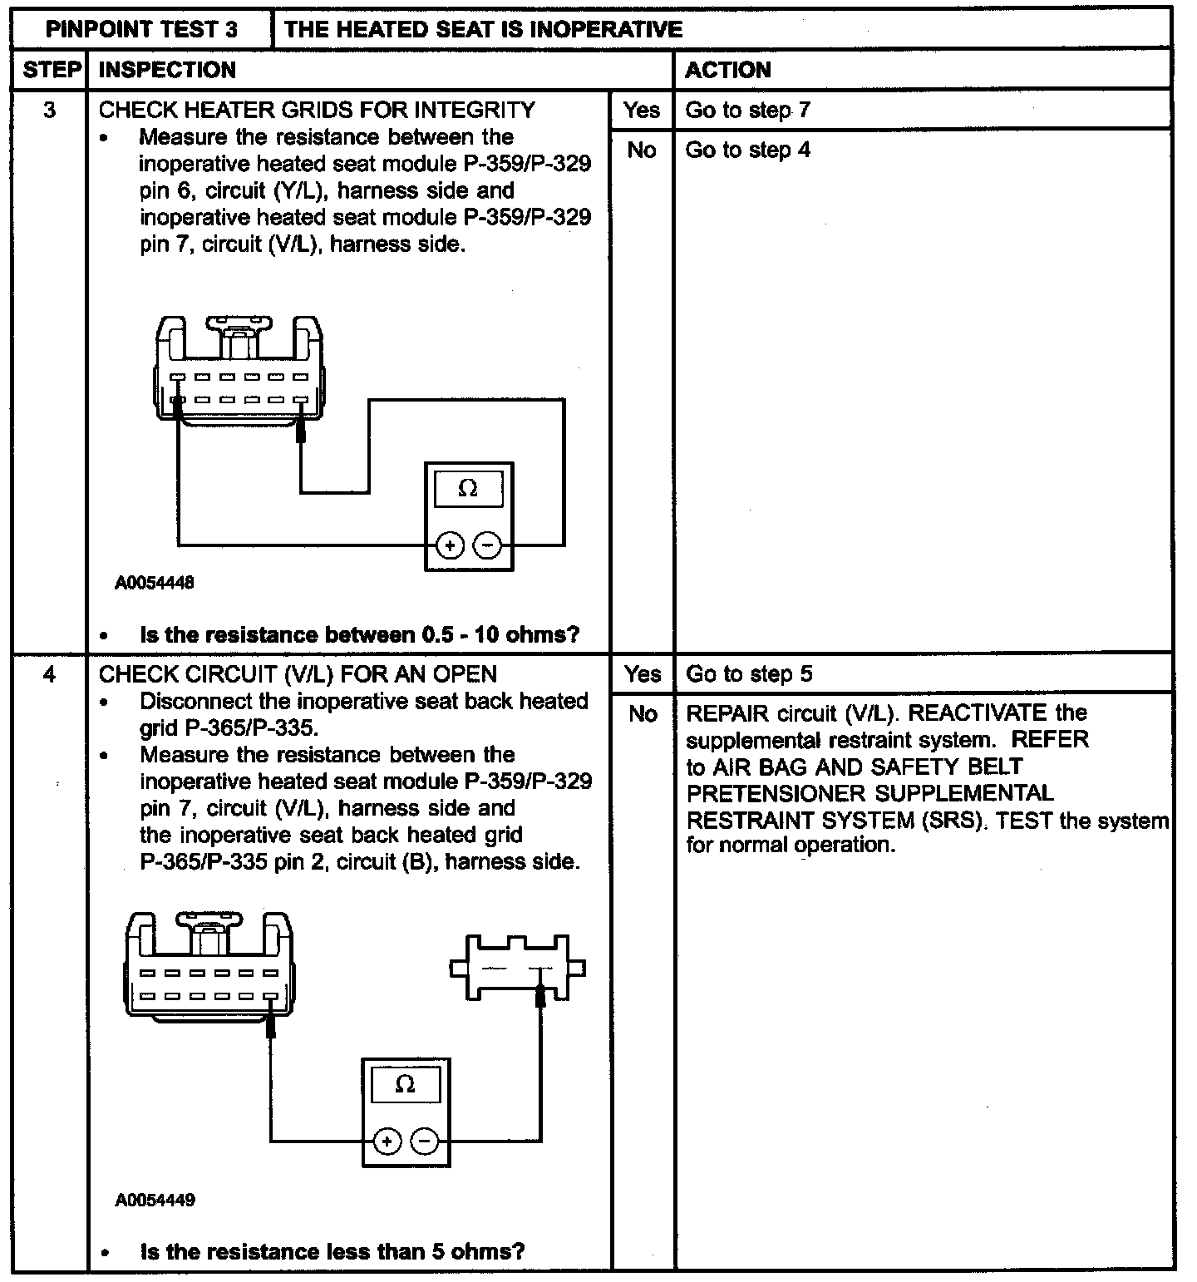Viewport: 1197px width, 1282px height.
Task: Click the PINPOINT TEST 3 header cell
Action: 141,30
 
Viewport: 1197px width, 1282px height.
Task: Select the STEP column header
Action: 52,70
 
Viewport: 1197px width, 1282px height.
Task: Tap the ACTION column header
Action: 728,70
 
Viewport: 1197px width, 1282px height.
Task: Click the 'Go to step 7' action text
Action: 747,110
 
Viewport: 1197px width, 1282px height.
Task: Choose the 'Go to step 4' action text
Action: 747,150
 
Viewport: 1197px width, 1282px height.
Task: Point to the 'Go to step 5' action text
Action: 748,673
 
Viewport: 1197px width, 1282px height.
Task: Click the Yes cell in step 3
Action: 642,110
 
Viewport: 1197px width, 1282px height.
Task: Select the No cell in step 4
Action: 643,713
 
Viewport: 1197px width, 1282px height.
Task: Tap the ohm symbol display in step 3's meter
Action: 468,489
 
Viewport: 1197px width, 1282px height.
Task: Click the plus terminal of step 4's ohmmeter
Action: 387,1141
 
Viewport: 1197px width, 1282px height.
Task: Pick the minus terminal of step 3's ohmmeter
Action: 488,545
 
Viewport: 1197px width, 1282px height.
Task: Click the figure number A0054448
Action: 155,583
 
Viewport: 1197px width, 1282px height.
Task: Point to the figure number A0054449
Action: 155,1200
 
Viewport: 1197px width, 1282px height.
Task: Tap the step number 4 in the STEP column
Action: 50,673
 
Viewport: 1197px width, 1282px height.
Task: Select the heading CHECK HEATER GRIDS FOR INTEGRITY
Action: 317,110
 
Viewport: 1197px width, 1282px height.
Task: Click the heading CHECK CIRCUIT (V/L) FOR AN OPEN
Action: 298,673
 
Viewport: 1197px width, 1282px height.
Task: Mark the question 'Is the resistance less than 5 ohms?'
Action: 332,1251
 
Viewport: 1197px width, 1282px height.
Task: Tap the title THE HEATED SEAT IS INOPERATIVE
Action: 483,30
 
